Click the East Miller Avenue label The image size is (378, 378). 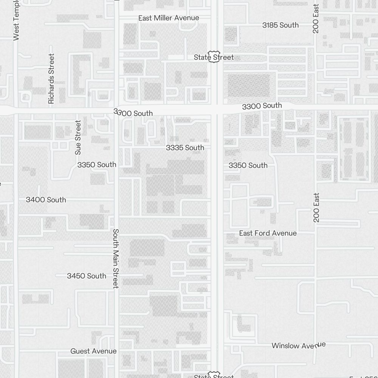[x=169, y=18]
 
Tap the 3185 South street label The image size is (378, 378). [x=280, y=25]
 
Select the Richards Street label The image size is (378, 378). [x=51, y=78]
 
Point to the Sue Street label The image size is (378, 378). [x=78, y=137]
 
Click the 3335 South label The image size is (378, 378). [x=185, y=148]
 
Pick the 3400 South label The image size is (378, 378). [x=46, y=200]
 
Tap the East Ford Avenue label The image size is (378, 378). [x=268, y=233]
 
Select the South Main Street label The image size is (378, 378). [x=116, y=259]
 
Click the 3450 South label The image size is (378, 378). [x=87, y=276]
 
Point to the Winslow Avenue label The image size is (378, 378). [x=299, y=345]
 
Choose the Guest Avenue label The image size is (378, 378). [x=93, y=351]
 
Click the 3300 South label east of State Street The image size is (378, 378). [x=262, y=106]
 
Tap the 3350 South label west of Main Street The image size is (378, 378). [x=97, y=165]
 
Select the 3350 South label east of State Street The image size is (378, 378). [x=248, y=166]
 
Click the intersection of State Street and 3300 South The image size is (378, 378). [x=217, y=109]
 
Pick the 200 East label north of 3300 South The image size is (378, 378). [x=316, y=18]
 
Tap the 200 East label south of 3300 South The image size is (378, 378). [x=316, y=208]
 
